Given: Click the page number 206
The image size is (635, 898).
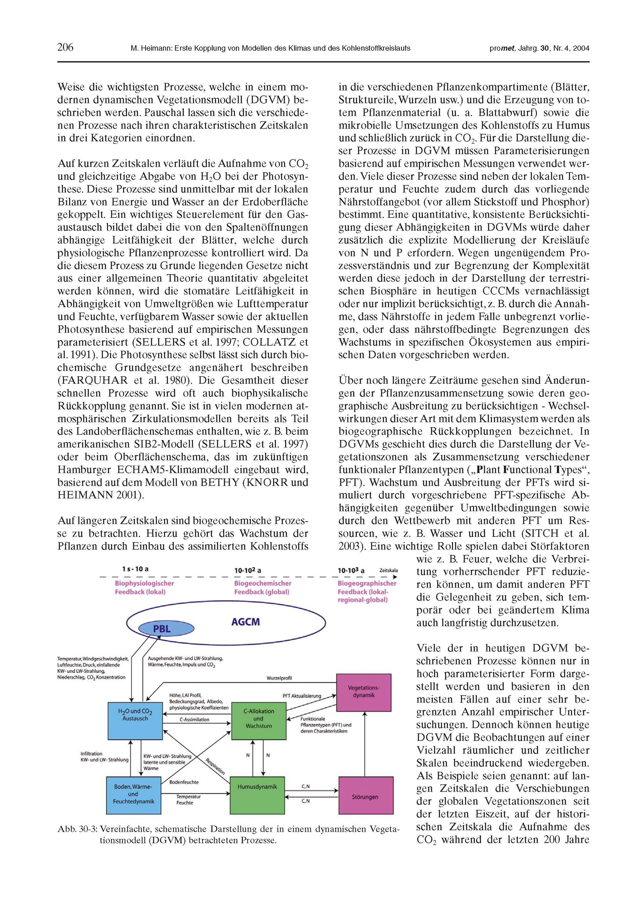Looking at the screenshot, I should pyautogui.click(x=65, y=48).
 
